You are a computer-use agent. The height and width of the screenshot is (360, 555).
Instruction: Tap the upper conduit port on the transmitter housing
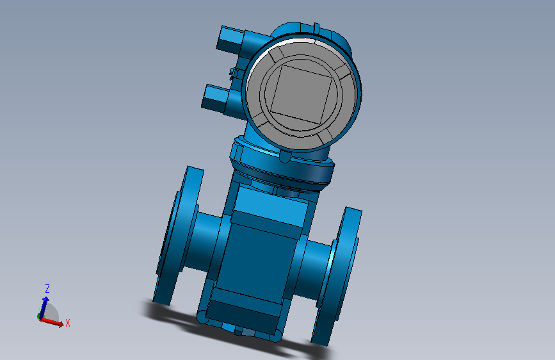pos(230,38)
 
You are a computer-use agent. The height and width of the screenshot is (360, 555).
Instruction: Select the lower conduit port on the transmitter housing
pos(215,98)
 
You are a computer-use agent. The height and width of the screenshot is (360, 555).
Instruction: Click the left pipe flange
pos(176,235)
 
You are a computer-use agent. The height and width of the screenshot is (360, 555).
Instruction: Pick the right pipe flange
pos(337,276)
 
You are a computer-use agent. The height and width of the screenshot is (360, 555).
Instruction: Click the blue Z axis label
pos(47,288)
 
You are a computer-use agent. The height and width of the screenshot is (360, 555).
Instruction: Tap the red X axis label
pos(68,323)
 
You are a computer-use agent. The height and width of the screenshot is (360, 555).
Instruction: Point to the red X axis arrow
pos(52,322)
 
